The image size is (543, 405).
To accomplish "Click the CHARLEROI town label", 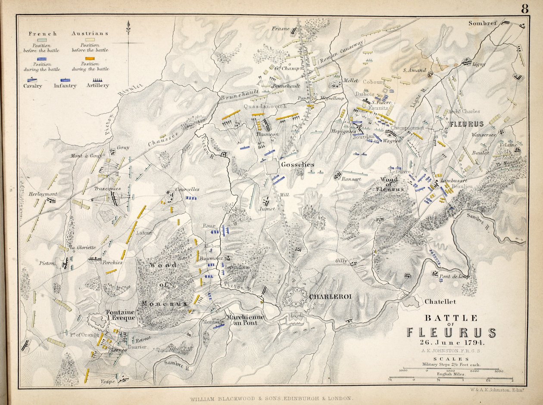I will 327,296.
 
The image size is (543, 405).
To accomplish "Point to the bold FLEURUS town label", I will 467,124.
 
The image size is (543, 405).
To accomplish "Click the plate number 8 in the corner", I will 524,9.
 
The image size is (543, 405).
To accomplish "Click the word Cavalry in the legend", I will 33,86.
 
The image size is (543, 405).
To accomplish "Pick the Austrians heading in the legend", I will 90,33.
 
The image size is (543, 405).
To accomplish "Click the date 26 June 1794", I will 451,343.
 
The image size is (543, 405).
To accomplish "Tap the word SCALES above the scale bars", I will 451,358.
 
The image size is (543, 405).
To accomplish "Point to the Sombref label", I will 483,23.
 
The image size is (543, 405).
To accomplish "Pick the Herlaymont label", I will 43,194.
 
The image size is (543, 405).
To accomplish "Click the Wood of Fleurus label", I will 392,184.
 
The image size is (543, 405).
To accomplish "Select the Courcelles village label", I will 187,189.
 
